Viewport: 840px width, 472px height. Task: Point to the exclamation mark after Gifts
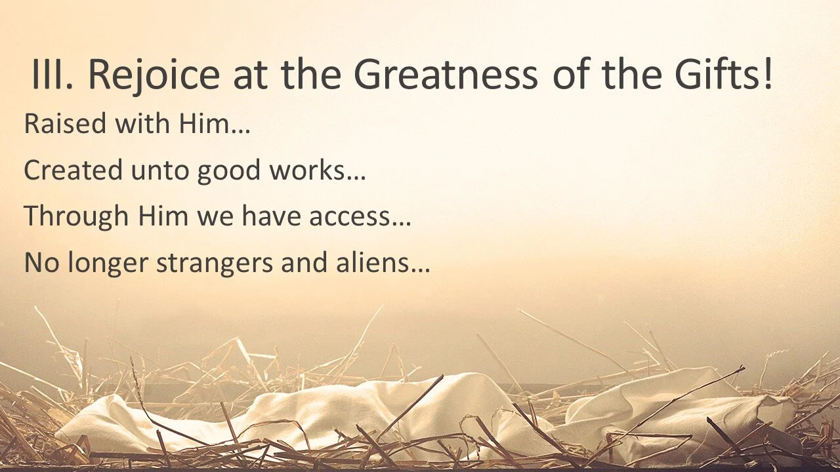[x=766, y=73]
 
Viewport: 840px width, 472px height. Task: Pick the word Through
[x=76, y=217]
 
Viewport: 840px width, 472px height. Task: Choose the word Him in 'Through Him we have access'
[x=164, y=217]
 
